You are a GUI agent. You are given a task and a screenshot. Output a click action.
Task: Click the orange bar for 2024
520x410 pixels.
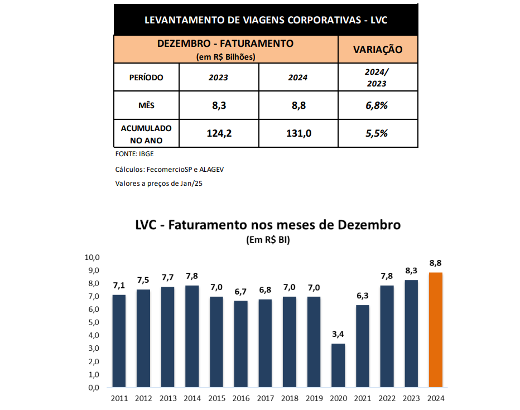point(435,330)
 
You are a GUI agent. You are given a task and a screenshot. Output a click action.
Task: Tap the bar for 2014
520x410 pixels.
point(192,336)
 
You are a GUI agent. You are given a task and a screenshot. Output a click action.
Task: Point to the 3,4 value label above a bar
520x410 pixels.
point(338,335)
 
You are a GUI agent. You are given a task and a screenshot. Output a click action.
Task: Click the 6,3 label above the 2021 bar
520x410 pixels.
point(363,296)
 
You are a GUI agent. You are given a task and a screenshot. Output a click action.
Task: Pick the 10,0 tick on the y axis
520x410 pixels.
point(92,258)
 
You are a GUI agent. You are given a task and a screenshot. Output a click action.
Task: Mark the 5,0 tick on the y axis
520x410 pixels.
point(93,322)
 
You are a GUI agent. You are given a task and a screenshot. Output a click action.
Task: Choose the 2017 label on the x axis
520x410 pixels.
point(266,398)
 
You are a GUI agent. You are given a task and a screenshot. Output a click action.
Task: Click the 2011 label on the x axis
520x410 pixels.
point(119,398)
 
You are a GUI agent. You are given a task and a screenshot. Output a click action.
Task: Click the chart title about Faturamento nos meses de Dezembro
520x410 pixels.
point(268,225)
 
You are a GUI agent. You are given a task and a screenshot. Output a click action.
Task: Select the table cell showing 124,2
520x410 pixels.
point(219,133)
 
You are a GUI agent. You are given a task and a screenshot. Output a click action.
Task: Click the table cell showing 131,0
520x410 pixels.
point(298,133)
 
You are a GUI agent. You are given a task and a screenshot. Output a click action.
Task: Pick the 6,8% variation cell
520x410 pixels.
point(377,105)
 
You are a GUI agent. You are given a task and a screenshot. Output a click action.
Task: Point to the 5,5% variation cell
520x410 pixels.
point(377,133)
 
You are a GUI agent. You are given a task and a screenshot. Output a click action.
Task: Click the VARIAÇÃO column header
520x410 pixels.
point(377,50)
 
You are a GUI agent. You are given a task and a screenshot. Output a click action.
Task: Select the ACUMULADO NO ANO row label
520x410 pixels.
point(146,133)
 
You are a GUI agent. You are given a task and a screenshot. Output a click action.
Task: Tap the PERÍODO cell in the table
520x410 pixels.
point(146,78)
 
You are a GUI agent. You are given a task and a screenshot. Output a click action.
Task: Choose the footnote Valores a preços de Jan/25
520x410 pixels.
point(158,183)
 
